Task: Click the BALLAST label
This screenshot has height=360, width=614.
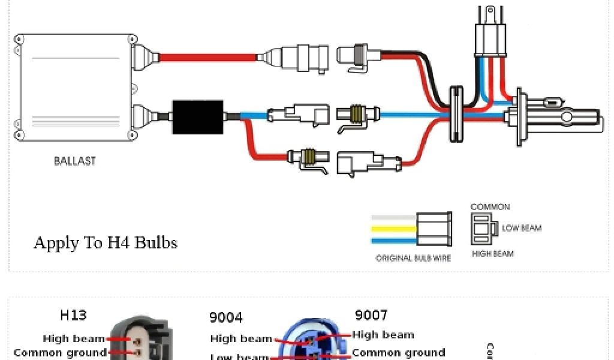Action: (74, 161)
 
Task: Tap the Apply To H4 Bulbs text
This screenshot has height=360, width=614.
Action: (106, 242)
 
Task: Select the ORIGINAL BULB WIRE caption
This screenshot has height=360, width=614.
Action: (413, 259)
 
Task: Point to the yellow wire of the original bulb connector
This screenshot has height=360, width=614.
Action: (393, 229)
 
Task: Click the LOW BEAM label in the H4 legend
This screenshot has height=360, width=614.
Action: (522, 228)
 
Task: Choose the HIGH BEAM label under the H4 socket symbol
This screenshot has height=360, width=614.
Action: (493, 254)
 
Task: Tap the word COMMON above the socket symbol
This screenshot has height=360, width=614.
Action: (490, 207)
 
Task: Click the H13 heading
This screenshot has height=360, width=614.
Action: (73, 315)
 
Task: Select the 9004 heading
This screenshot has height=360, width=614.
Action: (226, 317)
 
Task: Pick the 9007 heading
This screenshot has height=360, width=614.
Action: (371, 315)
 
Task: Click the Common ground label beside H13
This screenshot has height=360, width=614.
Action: (60, 353)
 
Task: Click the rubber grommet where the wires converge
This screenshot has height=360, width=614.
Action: (457, 113)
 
